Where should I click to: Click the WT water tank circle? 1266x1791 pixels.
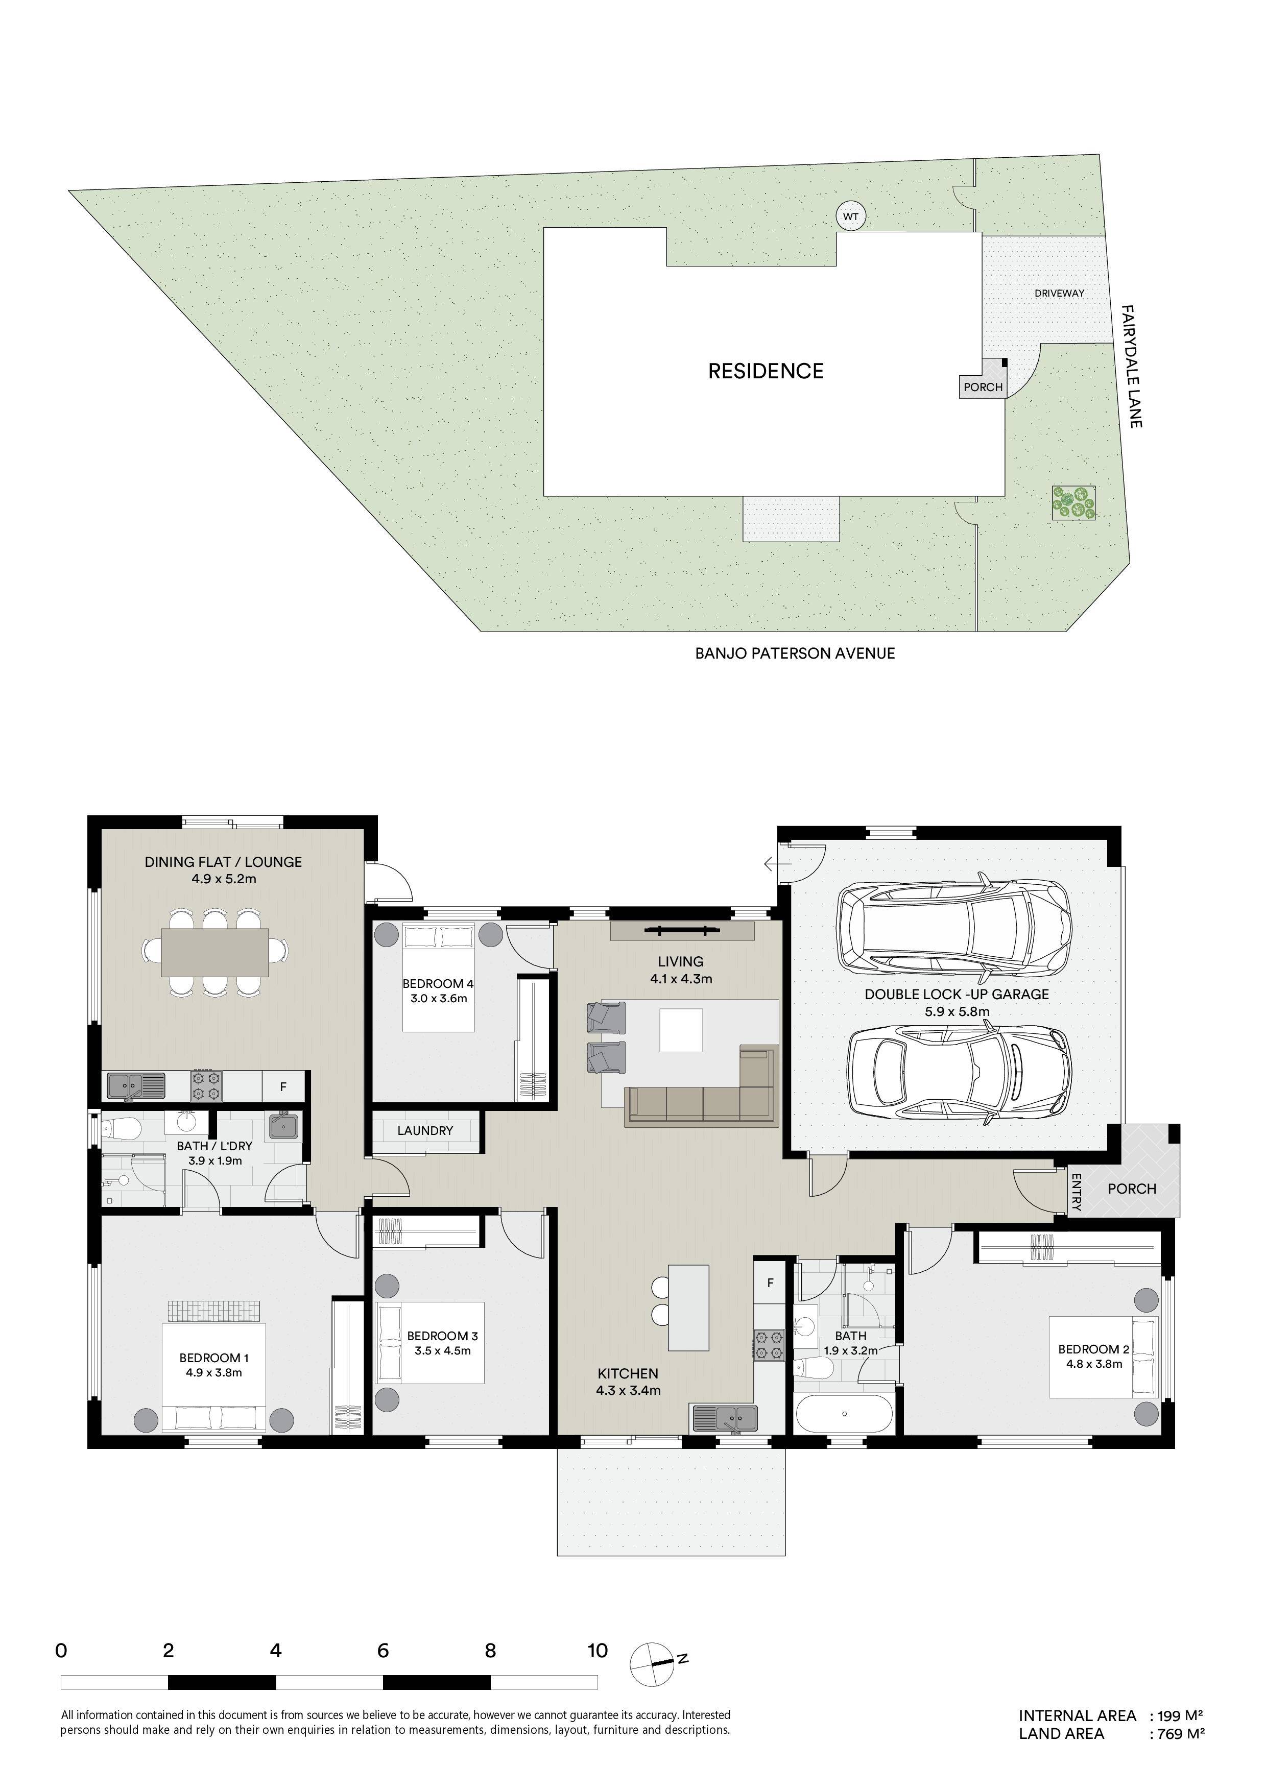pyautogui.click(x=850, y=216)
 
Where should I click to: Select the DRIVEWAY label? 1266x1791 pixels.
pyautogui.click(x=1059, y=293)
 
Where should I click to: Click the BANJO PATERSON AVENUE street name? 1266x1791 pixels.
pyautogui.click(x=795, y=654)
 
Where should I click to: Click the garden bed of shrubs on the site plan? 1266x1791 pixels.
pyautogui.click(x=1074, y=503)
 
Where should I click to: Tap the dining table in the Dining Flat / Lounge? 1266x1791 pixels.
pyautogui.click(x=216, y=953)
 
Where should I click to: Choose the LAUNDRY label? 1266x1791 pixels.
pyautogui.click(x=425, y=1131)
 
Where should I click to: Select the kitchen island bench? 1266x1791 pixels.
pyautogui.click(x=689, y=1308)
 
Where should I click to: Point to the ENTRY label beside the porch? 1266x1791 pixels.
pyautogui.click(x=1076, y=1192)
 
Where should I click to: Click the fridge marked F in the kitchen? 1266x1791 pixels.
pyautogui.click(x=770, y=1282)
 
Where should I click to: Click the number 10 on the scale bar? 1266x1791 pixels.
pyautogui.click(x=598, y=1651)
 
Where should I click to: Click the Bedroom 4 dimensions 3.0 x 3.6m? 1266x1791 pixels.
pyautogui.click(x=438, y=999)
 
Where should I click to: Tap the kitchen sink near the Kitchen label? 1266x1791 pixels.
pyautogui.click(x=723, y=1417)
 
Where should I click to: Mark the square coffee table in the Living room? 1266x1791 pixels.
pyautogui.click(x=680, y=1030)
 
